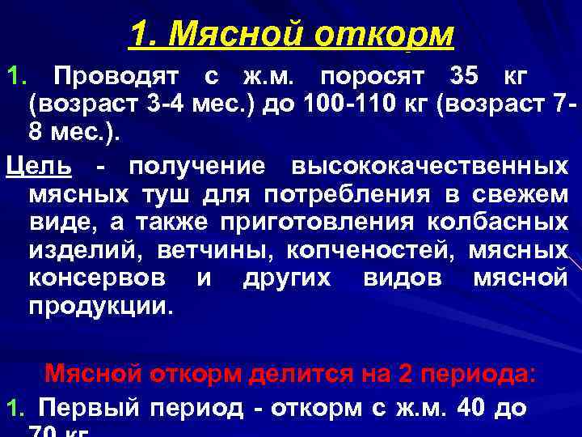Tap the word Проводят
click(119, 77)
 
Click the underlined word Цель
click(38, 166)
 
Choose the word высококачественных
click(428, 166)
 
